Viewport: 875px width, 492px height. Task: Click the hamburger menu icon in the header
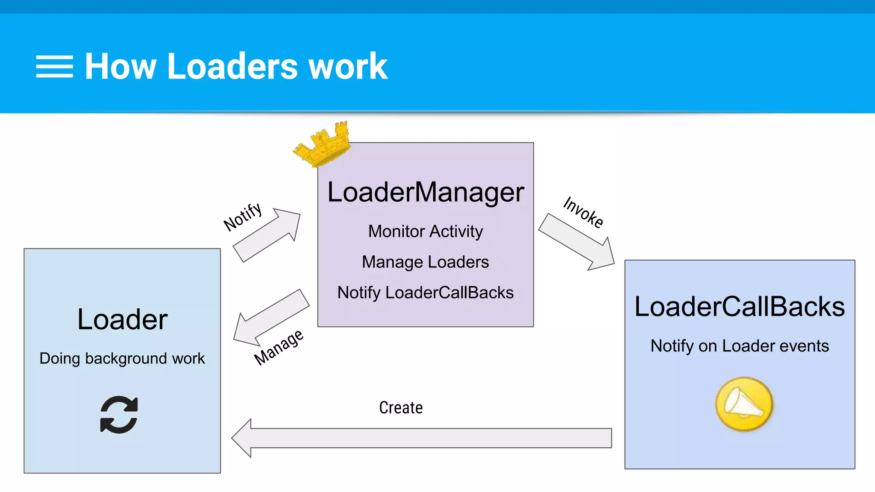tap(54, 67)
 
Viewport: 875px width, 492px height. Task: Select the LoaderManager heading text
tap(426, 192)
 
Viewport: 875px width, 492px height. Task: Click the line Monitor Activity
tap(426, 231)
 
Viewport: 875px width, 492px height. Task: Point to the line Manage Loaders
tap(426, 262)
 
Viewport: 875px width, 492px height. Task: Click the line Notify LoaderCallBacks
tap(426, 293)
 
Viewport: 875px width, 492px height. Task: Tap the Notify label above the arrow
tap(243, 216)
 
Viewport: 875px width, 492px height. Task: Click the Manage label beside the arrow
tap(279, 347)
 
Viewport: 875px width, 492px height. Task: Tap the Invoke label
tap(583, 212)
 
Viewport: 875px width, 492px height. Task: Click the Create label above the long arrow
tap(401, 408)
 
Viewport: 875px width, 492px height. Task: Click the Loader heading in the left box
tap(122, 319)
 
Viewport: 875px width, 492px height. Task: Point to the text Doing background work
tap(122, 359)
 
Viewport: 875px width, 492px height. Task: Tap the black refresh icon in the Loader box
tap(119, 415)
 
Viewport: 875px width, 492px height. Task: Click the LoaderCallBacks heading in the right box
tap(740, 307)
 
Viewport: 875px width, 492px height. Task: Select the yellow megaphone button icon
tap(744, 404)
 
